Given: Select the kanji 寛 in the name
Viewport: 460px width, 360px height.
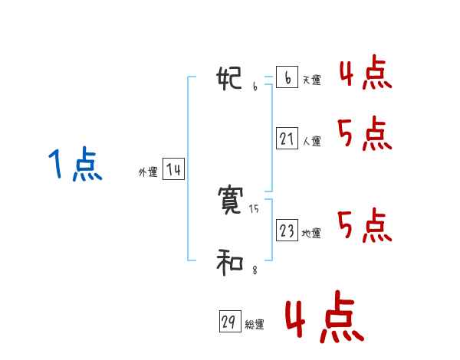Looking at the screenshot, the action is (x=232, y=201).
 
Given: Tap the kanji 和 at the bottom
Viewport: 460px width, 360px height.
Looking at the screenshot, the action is (x=231, y=263).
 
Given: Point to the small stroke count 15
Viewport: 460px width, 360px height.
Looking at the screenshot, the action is (x=255, y=209).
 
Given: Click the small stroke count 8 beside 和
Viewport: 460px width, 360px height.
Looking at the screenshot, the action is (x=255, y=270).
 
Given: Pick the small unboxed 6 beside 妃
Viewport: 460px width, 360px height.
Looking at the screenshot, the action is (x=255, y=87).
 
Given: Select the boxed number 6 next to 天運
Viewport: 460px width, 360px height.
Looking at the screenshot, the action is (x=287, y=78).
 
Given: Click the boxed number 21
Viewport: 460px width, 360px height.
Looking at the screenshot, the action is (x=287, y=139).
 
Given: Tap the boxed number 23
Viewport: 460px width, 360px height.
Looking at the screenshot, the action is (x=287, y=231).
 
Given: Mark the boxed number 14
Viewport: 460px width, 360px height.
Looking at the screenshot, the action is (x=173, y=169).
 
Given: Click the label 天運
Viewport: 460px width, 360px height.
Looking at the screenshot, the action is (x=311, y=80).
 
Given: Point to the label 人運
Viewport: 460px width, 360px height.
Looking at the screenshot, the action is (x=311, y=142).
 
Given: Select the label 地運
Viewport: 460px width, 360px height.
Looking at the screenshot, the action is (x=311, y=234).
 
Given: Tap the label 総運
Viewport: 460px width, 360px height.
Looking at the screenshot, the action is (x=255, y=326).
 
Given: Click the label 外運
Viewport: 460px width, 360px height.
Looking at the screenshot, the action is (x=147, y=172).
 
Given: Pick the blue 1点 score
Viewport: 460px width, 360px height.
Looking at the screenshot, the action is (x=74, y=165).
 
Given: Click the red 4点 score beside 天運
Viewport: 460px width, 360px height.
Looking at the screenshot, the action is (x=365, y=72).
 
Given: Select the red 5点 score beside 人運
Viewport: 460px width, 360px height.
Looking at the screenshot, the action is (x=365, y=135).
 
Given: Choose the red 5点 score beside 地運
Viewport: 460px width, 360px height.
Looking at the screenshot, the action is (x=365, y=225).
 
